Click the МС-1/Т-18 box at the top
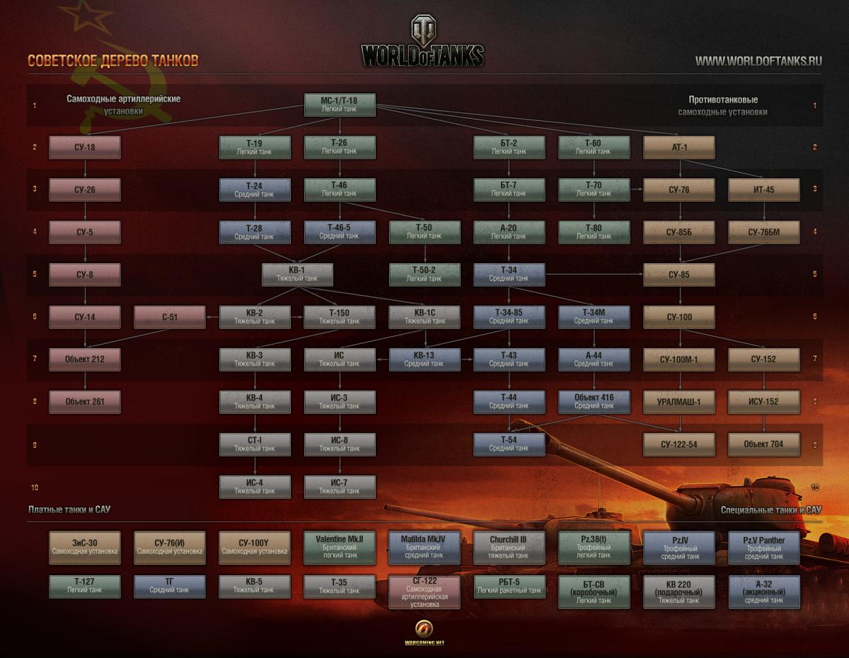pyautogui.click(x=340, y=105)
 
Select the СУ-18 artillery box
pyautogui.click(x=85, y=147)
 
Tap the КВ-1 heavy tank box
pyautogui.click(x=297, y=275)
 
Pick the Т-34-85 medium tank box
pyautogui.click(x=509, y=317)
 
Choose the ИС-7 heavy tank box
pyautogui.click(x=340, y=487)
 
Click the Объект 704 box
pyautogui.click(x=764, y=444)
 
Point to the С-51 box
pyautogui.click(x=170, y=317)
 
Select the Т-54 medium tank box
pyautogui.click(x=509, y=444)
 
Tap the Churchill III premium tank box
pyautogui.click(x=509, y=548)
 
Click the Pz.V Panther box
pyautogui.click(x=764, y=548)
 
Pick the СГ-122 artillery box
pyautogui.click(x=424, y=592)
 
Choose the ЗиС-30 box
pyautogui.click(x=85, y=548)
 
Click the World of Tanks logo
pyautogui.click(x=423, y=42)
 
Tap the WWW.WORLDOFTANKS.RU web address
pyautogui.click(x=758, y=61)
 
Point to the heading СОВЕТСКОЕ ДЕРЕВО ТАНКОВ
pyautogui.click(x=113, y=61)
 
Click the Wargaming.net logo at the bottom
pyautogui.click(x=424, y=633)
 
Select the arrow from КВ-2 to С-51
pyautogui.click(x=212, y=317)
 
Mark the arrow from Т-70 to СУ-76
pyautogui.click(x=637, y=190)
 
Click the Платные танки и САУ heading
pyautogui.click(x=69, y=509)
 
